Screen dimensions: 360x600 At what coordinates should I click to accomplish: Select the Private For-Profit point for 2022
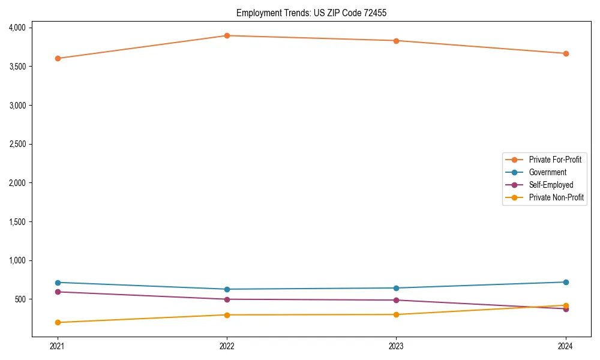pos(227,35)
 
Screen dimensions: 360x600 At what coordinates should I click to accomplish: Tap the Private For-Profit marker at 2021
pos(58,58)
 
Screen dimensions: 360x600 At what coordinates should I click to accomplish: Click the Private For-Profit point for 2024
pos(566,53)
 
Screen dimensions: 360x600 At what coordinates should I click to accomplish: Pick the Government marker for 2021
pos(58,283)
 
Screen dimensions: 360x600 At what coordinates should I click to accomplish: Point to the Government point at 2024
pos(566,282)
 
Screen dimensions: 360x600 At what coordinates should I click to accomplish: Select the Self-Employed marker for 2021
pos(58,292)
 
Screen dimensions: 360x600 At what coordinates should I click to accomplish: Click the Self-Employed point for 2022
pos(227,299)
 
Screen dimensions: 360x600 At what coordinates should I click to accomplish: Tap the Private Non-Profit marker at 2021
pos(58,322)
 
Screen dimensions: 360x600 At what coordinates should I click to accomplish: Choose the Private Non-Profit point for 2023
pos(396,314)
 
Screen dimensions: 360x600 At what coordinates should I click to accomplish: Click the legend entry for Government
pos(547,172)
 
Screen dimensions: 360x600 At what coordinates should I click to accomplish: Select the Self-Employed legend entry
pos(551,185)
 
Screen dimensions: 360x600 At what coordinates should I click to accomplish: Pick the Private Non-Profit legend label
pos(556,197)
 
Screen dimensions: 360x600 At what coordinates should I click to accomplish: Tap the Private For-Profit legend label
pos(555,160)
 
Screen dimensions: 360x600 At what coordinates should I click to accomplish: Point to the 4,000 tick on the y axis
pos(17,28)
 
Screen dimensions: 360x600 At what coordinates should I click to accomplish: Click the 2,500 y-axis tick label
pos(17,144)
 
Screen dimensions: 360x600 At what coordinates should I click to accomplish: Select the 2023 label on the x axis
pos(396,346)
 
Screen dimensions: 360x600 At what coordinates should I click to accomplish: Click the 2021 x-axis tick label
pos(58,346)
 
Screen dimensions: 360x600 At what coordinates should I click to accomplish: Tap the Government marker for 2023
pos(396,288)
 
